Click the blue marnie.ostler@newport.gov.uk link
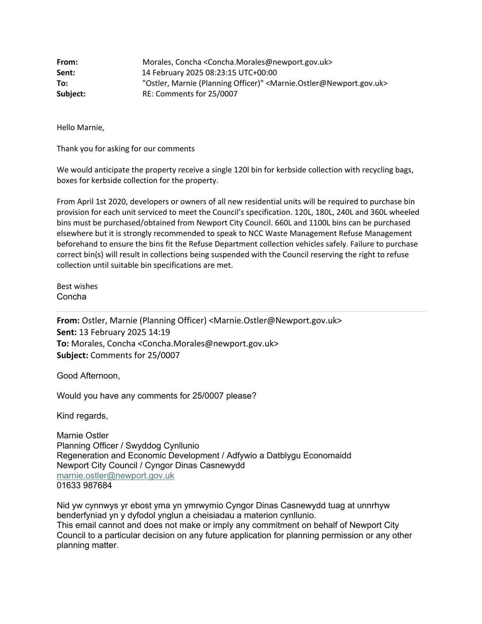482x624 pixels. pos(115,475)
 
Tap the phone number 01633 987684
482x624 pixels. pos(84,486)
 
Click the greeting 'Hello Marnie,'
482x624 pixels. pos(80,128)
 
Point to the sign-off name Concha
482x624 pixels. pos(71,297)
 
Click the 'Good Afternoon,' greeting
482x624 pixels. pos(88,376)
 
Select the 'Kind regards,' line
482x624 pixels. pos(82,416)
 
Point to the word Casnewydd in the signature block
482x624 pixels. pos(225,465)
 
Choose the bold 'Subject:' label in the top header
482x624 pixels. pos(71,94)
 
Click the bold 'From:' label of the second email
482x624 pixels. pos(68,321)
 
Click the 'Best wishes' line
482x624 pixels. pos(77,286)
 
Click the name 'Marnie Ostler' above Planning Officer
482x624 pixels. pos(83,436)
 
